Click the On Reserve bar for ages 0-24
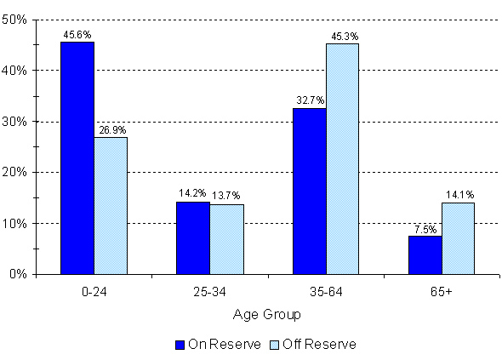click(x=77, y=157)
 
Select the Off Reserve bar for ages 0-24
click(x=111, y=205)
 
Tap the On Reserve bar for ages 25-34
click(x=192, y=237)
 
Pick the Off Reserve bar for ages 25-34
click(x=226, y=239)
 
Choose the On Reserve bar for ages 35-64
click(x=308, y=191)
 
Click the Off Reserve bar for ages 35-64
click(x=342, y=158)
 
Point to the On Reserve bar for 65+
click(x=424, y=254)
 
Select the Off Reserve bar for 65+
click(x=458, y=238)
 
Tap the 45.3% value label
click(x=342, y=36)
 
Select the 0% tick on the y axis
click(x=20, y=274)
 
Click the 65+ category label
click(x=441, y=292)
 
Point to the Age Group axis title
click(x=266, y=314)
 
